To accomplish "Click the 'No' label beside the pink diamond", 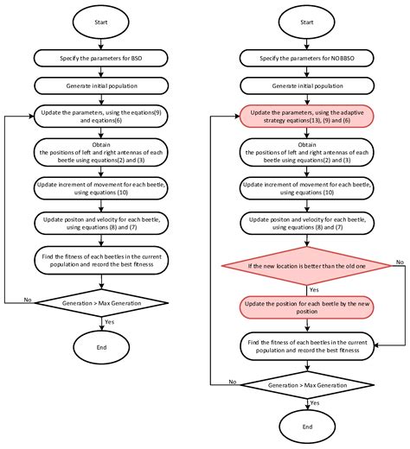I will (x=400, y=260).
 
